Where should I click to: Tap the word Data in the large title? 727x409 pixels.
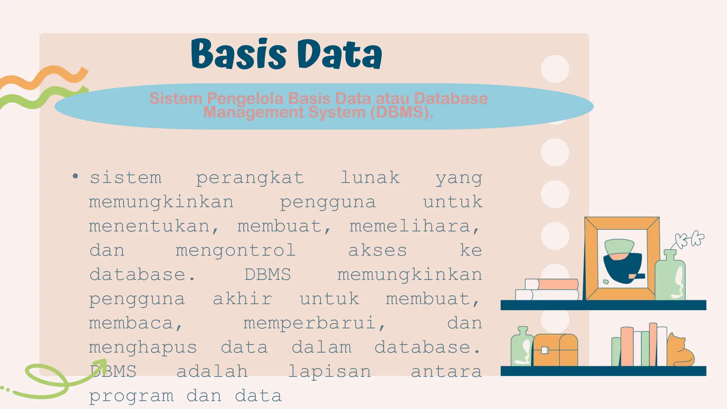pyautogui.click(x=339, y=54)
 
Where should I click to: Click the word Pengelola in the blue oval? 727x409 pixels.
pyautogui.click(x=245, y=98)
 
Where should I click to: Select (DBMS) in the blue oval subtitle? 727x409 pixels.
pyautogui.click(x=401, y=112)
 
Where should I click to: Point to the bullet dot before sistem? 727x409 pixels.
pyautogui.click(x=75, y=176)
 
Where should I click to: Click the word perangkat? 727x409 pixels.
pyautogui.click(x=250, y=178)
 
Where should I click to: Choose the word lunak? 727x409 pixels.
pyautogui.click(x=370, y=177)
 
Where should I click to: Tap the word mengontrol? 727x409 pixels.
pyautogui.click(x=236, y=250)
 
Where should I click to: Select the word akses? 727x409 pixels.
pyautogui.click(x=377, y=250)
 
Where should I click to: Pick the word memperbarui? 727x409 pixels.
pyautogui.click(x=315, y=323)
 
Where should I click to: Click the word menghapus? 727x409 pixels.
pyautogui.click(x=143, y=348)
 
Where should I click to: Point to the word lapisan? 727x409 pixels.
pyautogui.click(x=329, y=372)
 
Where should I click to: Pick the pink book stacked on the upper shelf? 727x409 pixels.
pyautogui.click(x=557, y=284)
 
